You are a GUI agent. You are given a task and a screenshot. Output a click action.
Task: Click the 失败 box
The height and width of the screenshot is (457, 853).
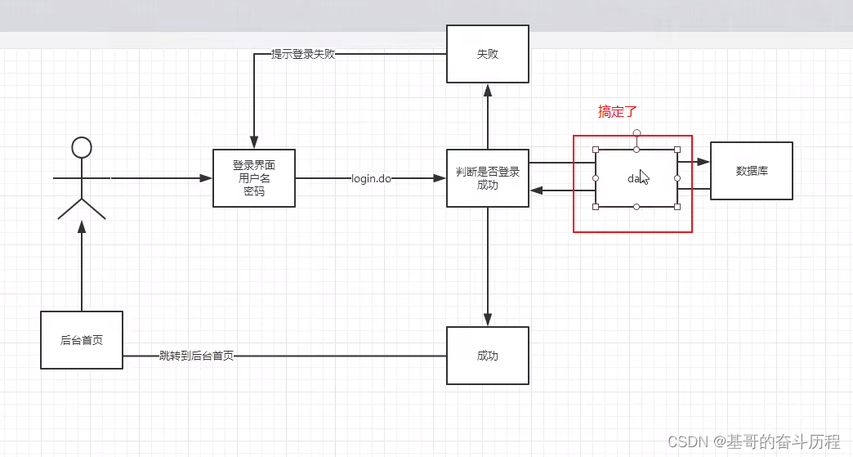click(487, 54)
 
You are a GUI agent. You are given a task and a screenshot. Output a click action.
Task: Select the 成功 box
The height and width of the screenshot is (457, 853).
click(487, 356)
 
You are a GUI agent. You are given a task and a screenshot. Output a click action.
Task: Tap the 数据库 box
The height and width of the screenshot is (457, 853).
click(751, 171)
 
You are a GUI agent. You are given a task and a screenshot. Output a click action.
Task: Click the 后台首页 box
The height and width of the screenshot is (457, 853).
click(82, 340)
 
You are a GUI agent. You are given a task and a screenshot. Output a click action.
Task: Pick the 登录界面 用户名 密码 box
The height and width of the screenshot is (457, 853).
click(254, 178)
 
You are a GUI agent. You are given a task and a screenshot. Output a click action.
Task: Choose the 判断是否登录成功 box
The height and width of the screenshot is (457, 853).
click(487, 178)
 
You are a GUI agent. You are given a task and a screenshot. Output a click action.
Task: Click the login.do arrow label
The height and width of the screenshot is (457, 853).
click(371, 178)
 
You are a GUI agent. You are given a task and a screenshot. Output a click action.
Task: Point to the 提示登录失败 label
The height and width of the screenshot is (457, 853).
click(303, 55)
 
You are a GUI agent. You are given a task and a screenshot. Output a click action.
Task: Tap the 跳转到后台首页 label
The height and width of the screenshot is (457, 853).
click(196, 356)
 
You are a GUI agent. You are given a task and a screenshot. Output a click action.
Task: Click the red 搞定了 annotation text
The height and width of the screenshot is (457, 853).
click(616, 112)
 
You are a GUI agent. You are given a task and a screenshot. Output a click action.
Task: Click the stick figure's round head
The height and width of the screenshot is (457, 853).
click(82, 147)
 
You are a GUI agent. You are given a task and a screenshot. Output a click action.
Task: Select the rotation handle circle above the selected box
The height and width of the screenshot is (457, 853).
click(636, 132)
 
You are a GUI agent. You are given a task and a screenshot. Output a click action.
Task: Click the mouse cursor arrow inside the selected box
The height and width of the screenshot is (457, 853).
click(644, 177)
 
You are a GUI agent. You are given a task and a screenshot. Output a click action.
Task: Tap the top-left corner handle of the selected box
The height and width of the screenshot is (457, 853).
click(596, 150)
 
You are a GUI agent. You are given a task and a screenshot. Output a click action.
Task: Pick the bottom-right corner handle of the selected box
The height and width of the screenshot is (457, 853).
click(677, 207)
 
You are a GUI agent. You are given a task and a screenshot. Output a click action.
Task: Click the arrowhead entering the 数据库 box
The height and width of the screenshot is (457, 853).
click(704, 162)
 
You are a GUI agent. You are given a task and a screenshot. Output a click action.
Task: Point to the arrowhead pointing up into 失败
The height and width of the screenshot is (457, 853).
click(488, 89)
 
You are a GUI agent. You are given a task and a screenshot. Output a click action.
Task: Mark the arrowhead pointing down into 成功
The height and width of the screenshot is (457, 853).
click(488, 320)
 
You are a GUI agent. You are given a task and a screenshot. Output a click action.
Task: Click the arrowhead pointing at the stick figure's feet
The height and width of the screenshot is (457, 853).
click(82, 228)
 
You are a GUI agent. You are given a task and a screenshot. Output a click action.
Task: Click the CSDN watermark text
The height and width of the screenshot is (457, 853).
click(753, 442)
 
